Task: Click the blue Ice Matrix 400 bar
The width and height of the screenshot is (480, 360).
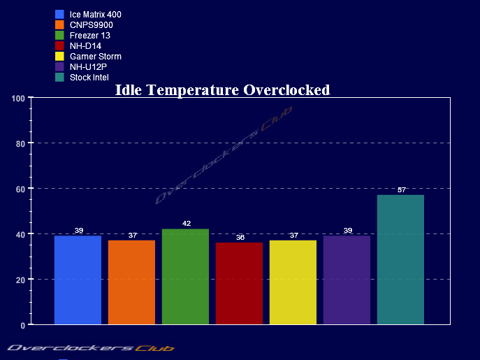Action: (78, 280)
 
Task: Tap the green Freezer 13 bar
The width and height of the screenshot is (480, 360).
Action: (185, 276)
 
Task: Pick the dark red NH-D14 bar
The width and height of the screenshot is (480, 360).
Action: (239, 283)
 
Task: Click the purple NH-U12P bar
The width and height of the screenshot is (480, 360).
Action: (347, 280)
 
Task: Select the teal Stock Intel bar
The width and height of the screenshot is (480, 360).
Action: (400, 259)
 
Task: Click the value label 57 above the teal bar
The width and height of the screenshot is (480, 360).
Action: (401, 190)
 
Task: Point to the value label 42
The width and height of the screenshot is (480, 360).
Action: (186, 224)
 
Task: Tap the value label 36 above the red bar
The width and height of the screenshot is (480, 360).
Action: (240, 238)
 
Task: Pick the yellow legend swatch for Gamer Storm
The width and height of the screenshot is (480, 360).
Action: (59, 56)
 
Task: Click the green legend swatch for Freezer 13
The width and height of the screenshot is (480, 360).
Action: (59, 35)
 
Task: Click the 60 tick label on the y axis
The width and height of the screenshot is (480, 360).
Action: (20, 189)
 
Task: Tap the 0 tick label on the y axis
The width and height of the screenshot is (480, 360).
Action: (22, 325)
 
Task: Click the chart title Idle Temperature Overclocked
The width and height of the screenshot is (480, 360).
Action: (222, 89)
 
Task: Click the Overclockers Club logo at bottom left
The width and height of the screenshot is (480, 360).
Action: (90, 347)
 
